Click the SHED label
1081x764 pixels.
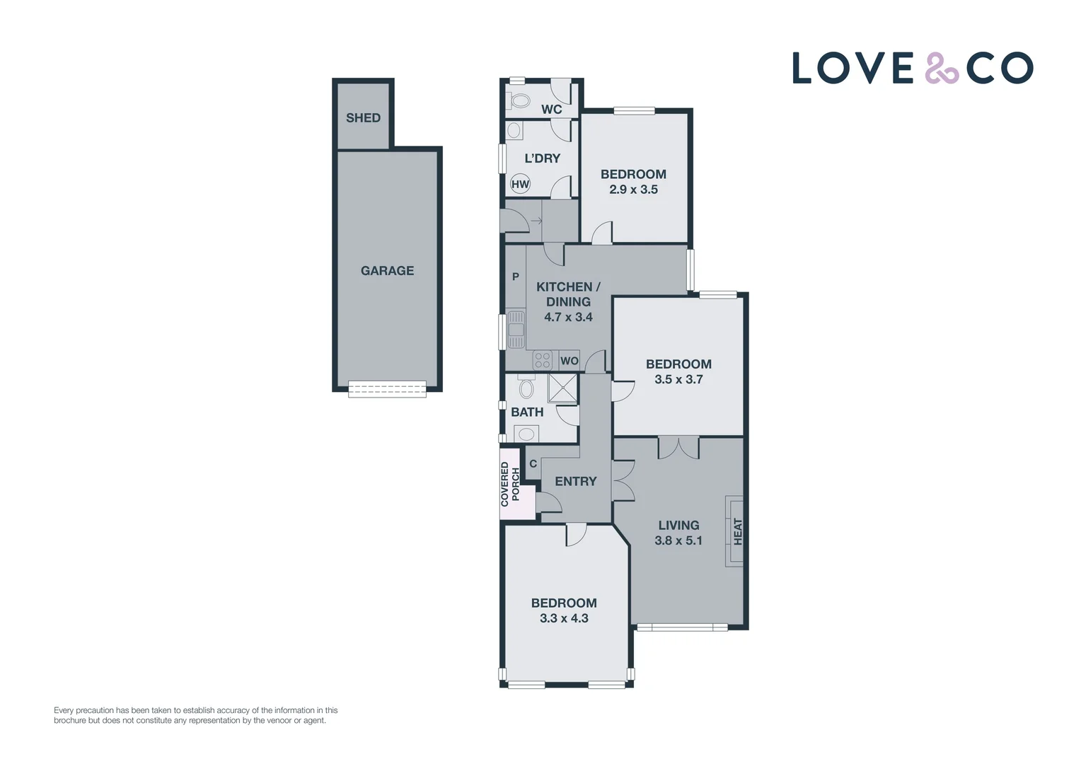coord(363,118)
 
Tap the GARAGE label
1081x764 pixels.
coord(387,271)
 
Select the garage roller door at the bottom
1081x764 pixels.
coord(387,388)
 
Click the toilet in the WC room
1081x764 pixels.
coord(520,101)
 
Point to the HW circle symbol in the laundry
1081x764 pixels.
coord(520,185)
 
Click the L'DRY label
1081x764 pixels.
coord(542,158)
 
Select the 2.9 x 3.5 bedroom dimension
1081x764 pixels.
coord(633,190)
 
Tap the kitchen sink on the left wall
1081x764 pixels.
coord(516,330)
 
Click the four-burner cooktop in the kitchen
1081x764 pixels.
coord(543,361)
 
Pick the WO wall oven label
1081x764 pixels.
coord(569,361)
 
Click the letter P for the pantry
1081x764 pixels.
coord(516,277)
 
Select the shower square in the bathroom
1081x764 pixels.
coord(562,388)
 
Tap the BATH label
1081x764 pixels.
coord(527,412)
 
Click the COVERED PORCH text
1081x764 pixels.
coord(510,485)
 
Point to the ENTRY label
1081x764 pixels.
coord(575,482)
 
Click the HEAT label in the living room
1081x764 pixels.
coord(738,532)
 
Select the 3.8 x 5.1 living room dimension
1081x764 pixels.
coord(678,540)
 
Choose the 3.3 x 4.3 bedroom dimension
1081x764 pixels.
coord(564,618)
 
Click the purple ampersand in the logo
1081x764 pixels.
coord(941,69)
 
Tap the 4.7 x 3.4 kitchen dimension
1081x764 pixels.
coord(568,317)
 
